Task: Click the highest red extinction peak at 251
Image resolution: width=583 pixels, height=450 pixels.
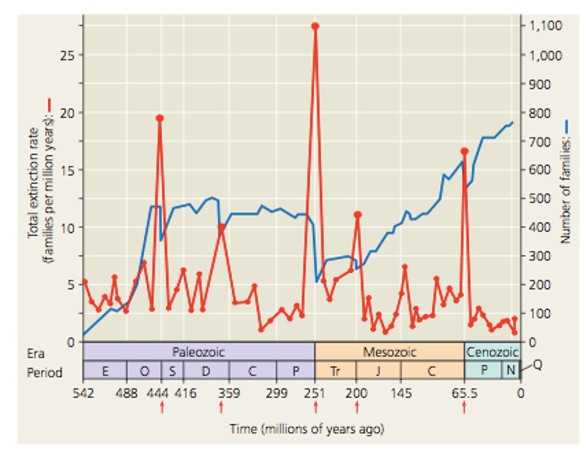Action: [315, 26]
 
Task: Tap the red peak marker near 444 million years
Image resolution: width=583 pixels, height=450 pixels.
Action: [160, 118]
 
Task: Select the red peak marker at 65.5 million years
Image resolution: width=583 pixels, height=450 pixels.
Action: [464, 151]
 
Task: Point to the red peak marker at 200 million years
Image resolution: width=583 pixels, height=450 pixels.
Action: [357, 215]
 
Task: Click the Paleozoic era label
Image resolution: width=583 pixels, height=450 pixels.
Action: [198, 352]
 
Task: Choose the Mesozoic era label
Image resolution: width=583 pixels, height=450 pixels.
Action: [389, 352]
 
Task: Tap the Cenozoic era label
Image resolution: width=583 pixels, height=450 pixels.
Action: [492, 352]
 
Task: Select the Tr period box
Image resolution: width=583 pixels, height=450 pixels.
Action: [335, 371]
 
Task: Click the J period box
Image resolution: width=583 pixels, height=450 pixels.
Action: [378, 371]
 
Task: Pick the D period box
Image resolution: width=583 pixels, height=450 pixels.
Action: [206, 371]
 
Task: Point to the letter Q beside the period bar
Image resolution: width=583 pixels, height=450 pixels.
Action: [537, 365]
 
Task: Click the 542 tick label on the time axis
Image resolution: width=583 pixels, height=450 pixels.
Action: [83, 393]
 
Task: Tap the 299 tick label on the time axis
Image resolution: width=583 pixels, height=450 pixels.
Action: [277, 393]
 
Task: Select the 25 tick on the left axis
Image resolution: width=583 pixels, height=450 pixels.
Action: [68, 55]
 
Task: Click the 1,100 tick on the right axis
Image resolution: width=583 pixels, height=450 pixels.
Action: [546, 26]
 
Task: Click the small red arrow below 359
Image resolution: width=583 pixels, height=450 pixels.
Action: [221, 407]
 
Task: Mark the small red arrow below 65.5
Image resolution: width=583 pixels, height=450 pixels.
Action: [464, 407]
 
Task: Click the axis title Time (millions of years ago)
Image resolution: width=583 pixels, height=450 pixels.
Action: [306, 429]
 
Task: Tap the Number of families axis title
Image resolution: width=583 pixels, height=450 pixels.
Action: [565, 190]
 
